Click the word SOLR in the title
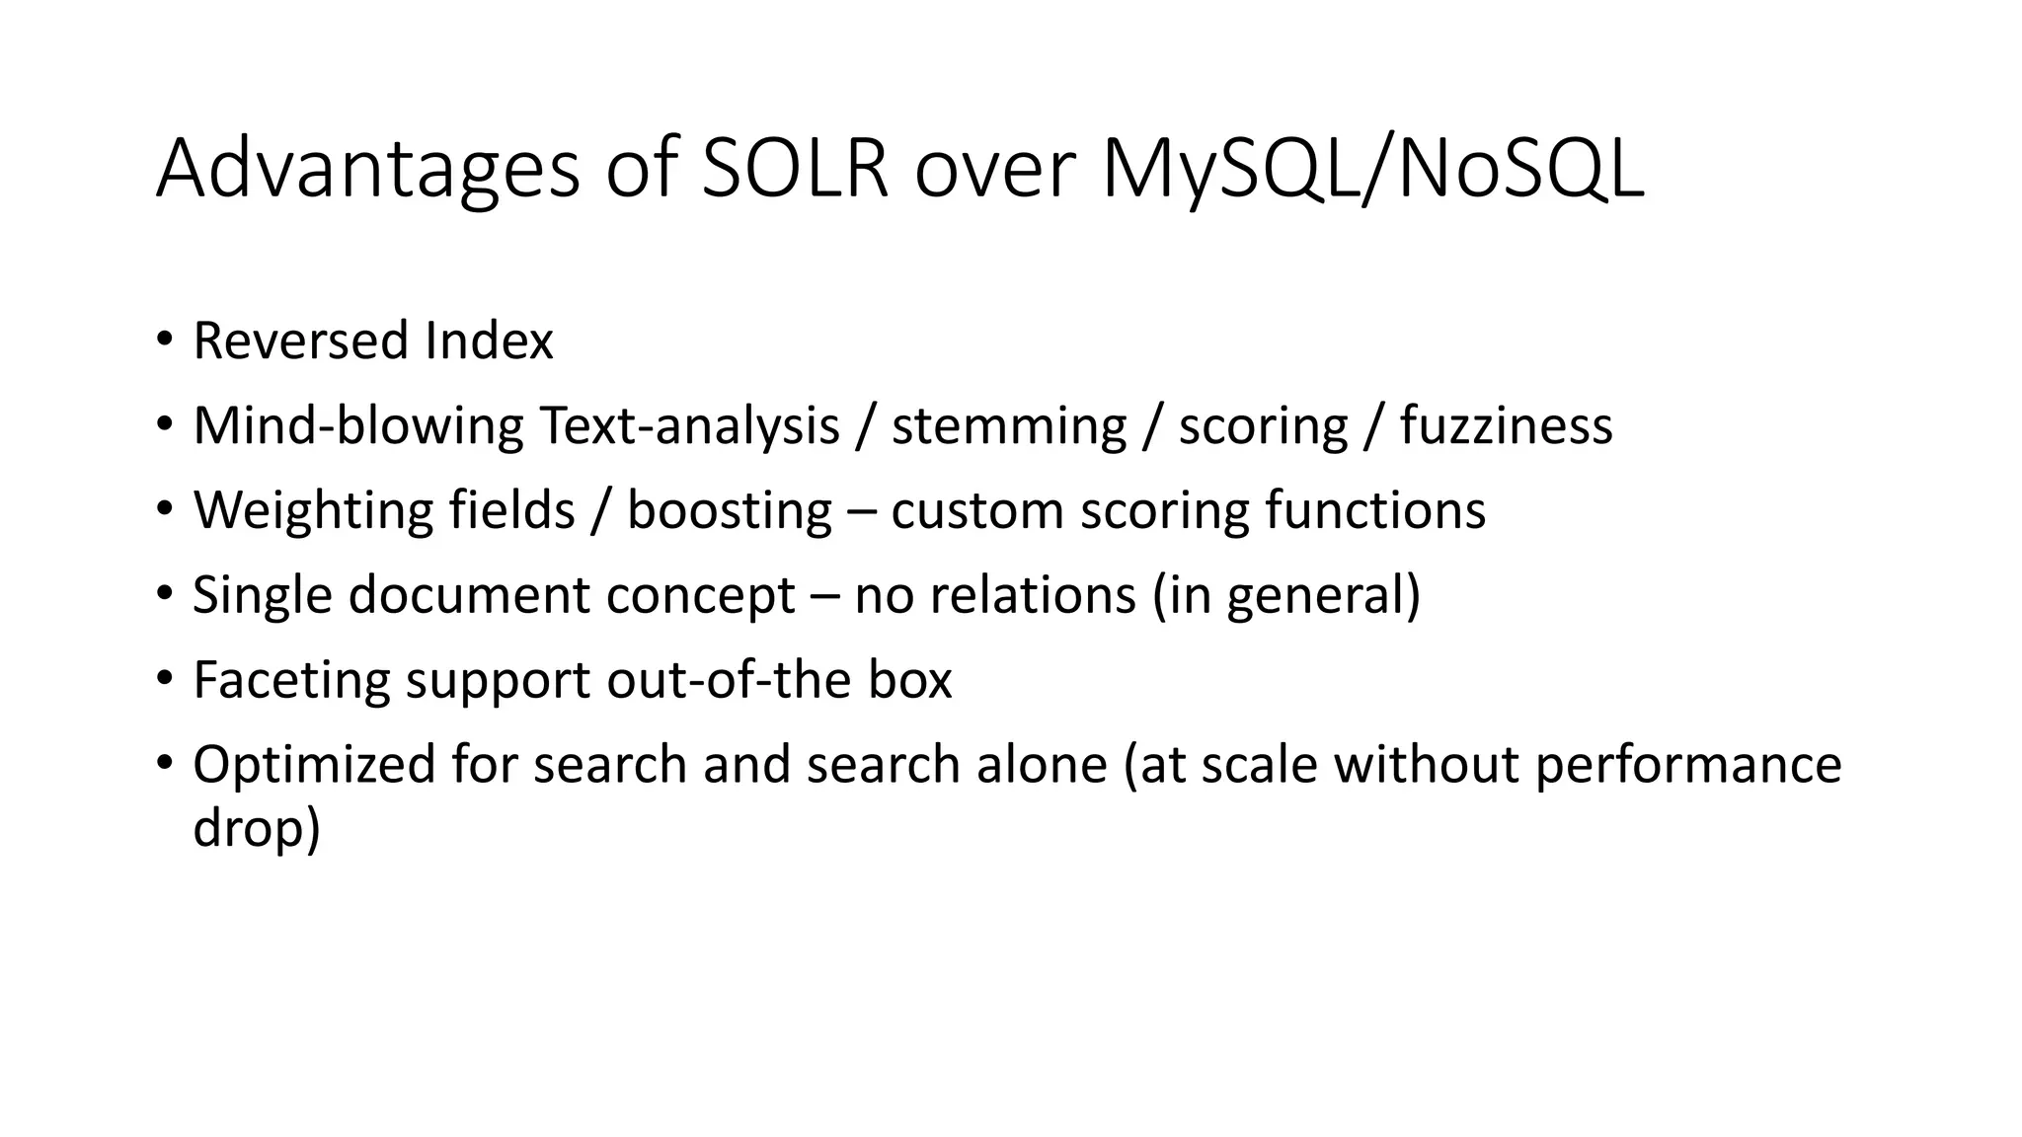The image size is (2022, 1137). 794,170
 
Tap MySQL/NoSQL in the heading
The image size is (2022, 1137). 1372,170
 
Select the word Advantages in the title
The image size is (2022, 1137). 367,170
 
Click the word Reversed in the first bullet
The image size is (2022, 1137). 300,341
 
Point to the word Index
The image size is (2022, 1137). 490,341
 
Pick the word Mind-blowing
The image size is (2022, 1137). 357,425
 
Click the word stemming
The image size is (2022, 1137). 1008,425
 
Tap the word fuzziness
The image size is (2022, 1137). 1506,425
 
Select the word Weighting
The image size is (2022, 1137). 312,510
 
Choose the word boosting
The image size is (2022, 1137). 730,510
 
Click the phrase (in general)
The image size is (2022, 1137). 1286,595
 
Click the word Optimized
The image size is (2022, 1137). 314,765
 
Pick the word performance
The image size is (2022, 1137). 1688,765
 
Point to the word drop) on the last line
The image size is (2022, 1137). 257,826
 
